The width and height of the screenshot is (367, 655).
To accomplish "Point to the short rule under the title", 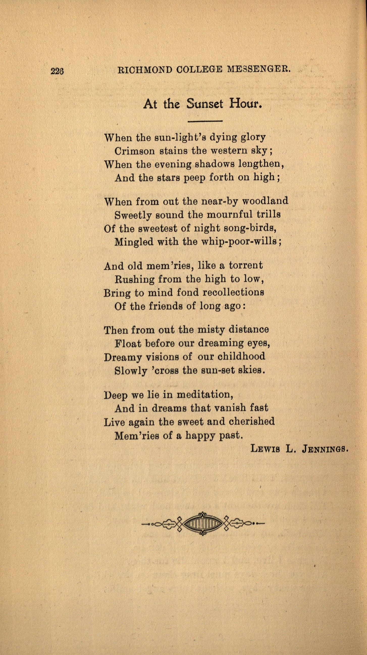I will pyautogui.click(x=205, y=121).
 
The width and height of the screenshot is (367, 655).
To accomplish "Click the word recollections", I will pyautogui.click(x=233, y=292).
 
